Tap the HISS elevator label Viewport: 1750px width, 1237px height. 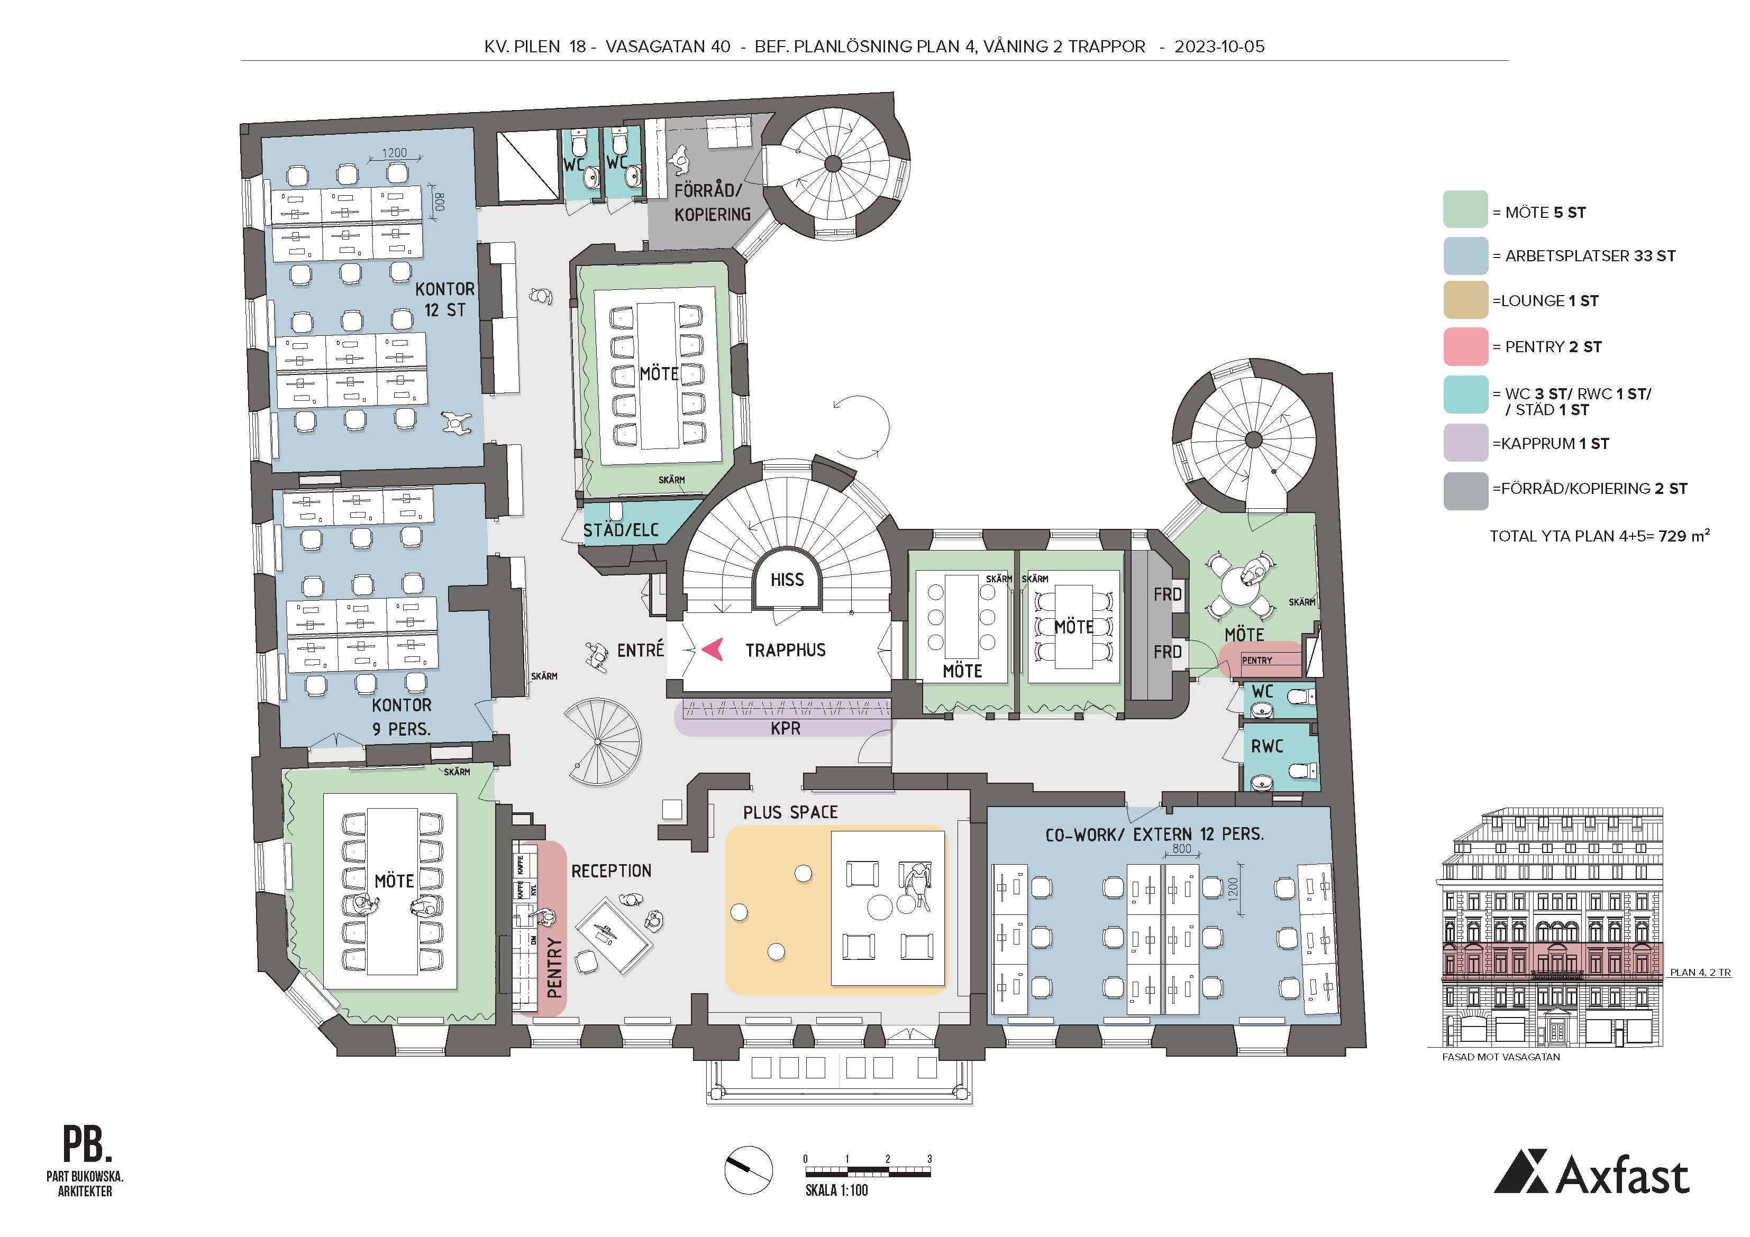[x=787, y=580]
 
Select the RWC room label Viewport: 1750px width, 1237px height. [x=1267, y=747]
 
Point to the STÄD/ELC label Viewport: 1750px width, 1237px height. [x=621, y=530]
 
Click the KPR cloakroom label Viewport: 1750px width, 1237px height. [x=785, y=729]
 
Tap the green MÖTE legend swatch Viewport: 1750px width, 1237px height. [x=1465, y=209]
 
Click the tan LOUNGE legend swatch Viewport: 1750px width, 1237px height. [x=1465, y=299]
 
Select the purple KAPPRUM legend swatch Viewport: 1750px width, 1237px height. [x=1465, y=443]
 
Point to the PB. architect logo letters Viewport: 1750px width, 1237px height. [x=87, y=1143]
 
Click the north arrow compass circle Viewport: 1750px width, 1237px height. [x=748, y=1170]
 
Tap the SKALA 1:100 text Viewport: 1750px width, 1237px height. [x=836, y=1190]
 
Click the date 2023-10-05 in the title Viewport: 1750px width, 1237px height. [x=1219, y=47]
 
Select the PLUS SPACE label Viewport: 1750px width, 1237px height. [x=790, y=812]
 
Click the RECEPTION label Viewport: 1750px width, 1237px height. [x=611, y=871]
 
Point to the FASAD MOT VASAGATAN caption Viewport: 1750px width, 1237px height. [x=1501, y=1057]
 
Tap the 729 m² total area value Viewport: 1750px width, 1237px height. [x=1684, y=535]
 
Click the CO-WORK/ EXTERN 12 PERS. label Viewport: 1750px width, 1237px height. [x=1155, y=835]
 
